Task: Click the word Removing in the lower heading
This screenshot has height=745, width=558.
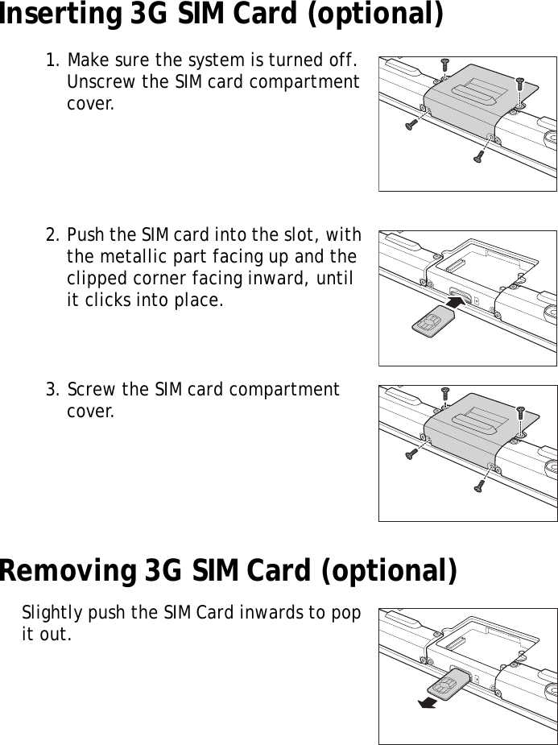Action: pyautogui.click(x=67, y=571)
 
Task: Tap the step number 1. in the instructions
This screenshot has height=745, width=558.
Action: pyautogui.click(x=54, y=61)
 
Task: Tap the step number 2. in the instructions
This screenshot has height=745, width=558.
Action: pyautogui.click(x=54, y=236)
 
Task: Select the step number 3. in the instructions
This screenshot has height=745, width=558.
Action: pyautogui.click(x=54, y=391)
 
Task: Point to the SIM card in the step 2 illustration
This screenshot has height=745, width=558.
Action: pyautogui.click(x=428, y=321)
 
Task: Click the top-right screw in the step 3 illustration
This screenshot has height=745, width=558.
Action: pyautogui.click(x=519, y=414)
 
